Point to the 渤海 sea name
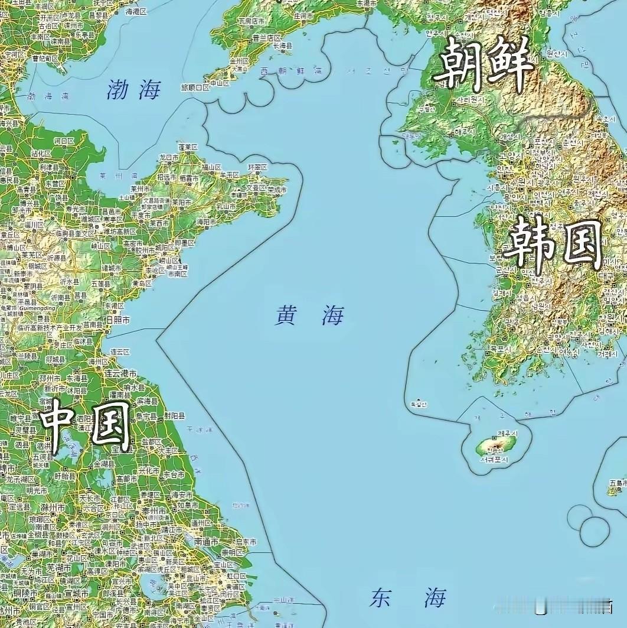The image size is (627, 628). point(134,90)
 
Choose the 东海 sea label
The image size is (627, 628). point(408,598)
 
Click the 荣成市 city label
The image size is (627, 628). point(276,190)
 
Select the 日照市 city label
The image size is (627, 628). point(117,320)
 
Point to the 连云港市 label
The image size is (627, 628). point(120,373)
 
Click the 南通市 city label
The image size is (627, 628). point(207,542)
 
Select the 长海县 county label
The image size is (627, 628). point(282,45)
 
